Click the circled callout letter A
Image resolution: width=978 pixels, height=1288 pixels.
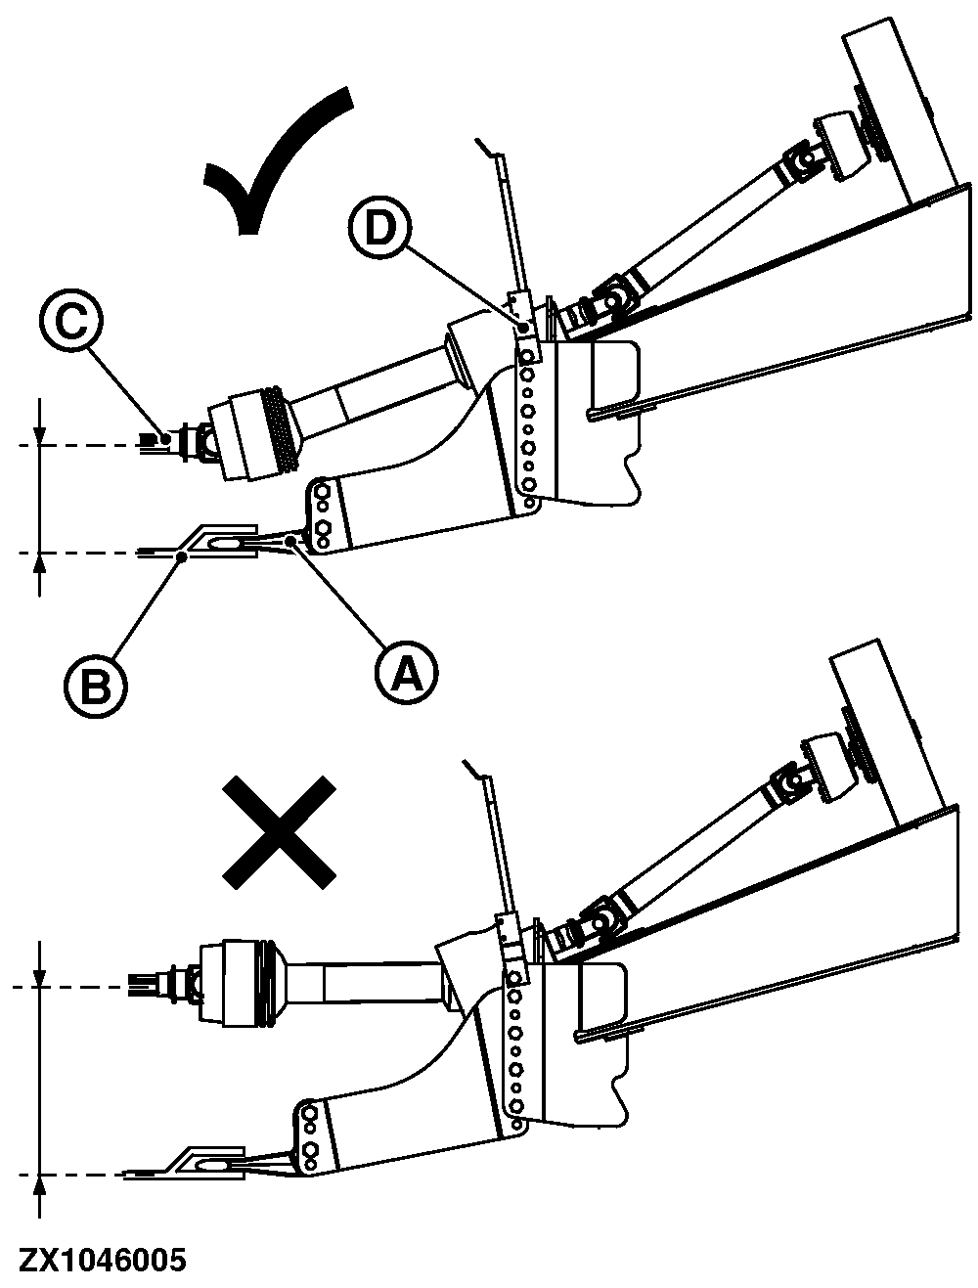(407, 673)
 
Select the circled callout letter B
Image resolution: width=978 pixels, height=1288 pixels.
(96, 686)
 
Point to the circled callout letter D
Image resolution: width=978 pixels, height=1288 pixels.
(380, 228)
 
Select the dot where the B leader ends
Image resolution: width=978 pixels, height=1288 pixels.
(184, 555)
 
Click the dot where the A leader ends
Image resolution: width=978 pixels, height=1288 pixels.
(292, 543)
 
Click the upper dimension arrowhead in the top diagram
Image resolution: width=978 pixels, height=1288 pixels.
(39, 435)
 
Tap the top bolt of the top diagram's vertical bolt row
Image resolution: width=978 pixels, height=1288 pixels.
(525, 356)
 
